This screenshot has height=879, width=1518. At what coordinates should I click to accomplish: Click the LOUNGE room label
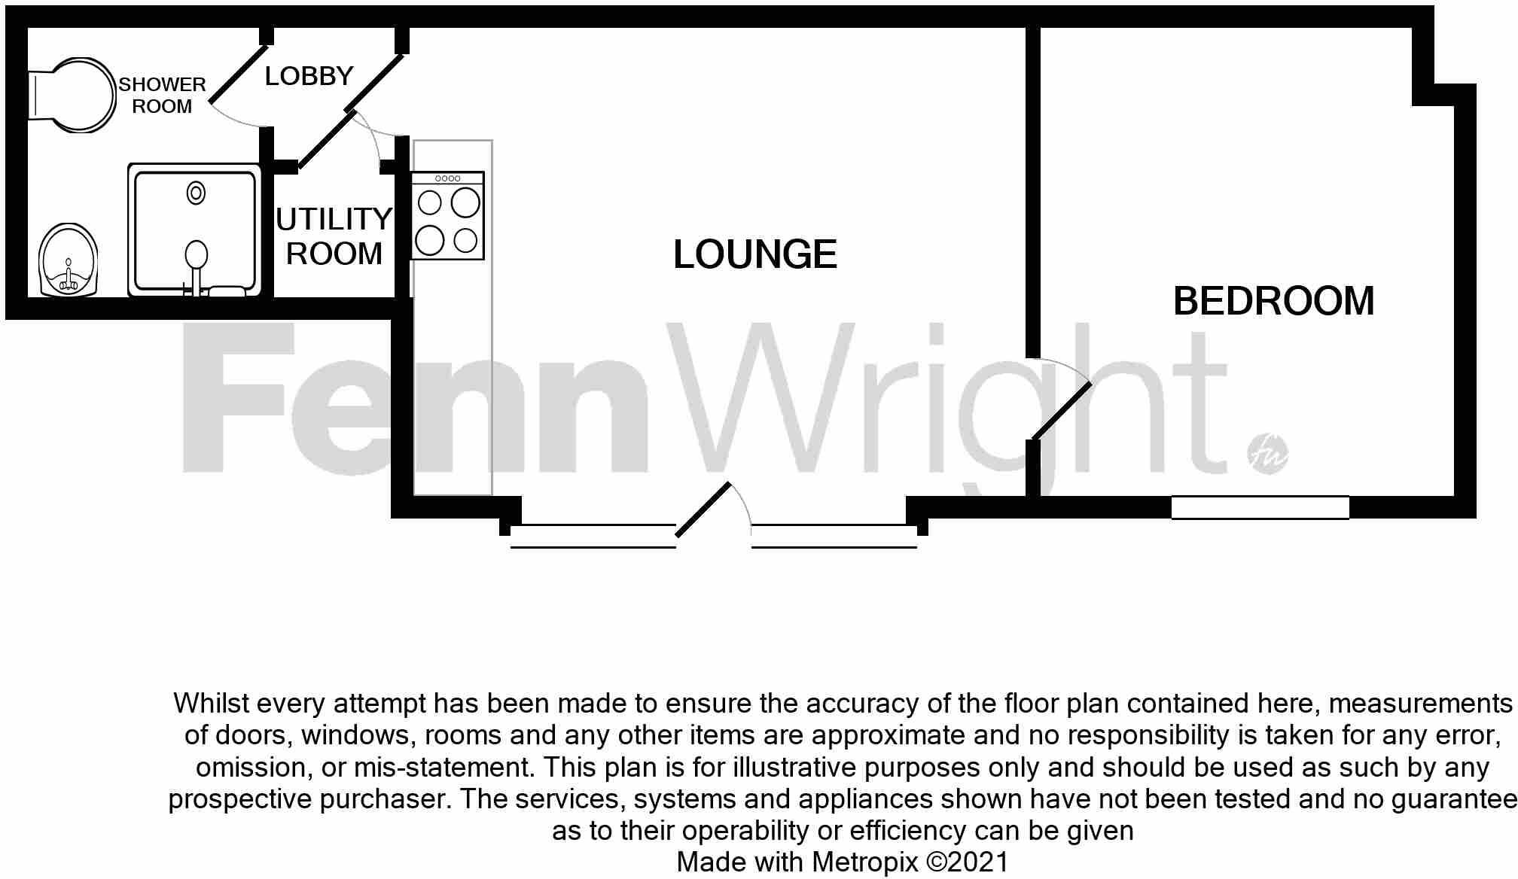pyautogui.click(x=754, y=254)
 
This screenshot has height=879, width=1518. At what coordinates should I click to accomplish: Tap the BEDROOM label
pyautogui.click(x=1273, y=301)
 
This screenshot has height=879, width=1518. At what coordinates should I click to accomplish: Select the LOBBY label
pyautogui.click(x=309, y=76)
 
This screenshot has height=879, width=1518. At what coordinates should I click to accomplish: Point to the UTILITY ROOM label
pyautogui.click(x=334, y=236)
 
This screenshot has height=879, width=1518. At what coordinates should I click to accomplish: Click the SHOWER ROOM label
pyautogui.click(x=162, y=96)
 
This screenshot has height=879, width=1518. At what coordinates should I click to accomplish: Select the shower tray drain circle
pyautogui.click(x=196, y=193)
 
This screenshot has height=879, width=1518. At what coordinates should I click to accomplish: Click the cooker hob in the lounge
pyautogui.click(x=447, y=216)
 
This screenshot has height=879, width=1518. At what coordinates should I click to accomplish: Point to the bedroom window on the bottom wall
pyautogui.click(x=1260, y=508)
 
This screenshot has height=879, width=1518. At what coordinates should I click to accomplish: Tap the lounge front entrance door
pyautogui.click(x=703, y=509)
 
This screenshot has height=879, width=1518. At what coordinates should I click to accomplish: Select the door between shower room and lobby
pyautogui.click(x=238, y=75)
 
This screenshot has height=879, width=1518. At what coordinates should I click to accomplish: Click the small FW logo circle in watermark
pyautogui.click(x=1267, y=455)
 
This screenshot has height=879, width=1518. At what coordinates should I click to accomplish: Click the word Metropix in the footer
pyautogui.click(x=865, y=862)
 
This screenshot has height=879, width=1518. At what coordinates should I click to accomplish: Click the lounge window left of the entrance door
pyautogui.click(x=593, y=536)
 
